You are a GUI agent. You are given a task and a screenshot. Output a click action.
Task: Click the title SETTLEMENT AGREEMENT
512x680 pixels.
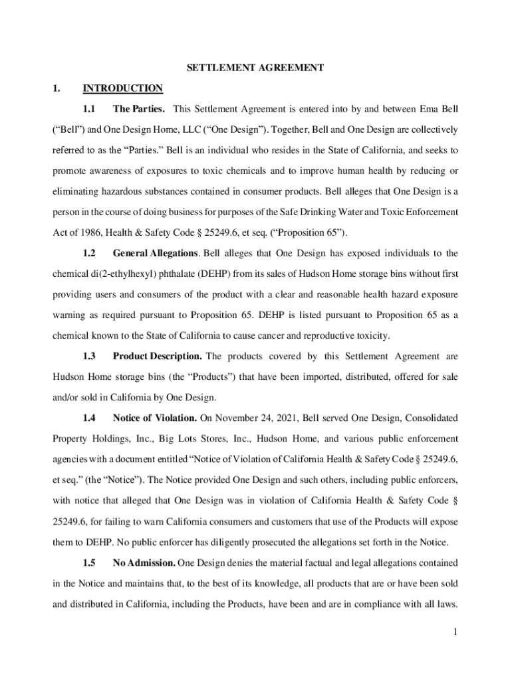click(255, 67)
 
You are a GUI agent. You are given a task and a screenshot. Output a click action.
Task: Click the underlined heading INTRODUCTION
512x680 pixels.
click(122, 88)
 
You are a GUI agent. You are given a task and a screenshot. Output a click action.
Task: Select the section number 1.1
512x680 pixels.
click(89, 108)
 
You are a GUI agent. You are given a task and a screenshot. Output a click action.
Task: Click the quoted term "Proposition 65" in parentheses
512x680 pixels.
click(307, 233)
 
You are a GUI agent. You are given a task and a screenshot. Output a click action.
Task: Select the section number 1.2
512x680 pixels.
click(89, 253)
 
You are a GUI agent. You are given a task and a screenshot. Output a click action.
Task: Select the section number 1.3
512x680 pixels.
click(89, 357)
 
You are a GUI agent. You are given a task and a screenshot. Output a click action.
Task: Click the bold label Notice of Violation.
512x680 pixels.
click(154, 418)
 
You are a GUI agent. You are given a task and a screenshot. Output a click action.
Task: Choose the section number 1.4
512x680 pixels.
click(89, 418)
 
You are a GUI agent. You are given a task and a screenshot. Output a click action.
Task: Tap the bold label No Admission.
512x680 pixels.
click(144, 563)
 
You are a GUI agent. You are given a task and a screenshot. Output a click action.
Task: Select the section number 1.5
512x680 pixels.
click(89, 563)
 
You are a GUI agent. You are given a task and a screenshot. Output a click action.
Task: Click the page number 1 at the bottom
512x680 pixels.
click(455, 632)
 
